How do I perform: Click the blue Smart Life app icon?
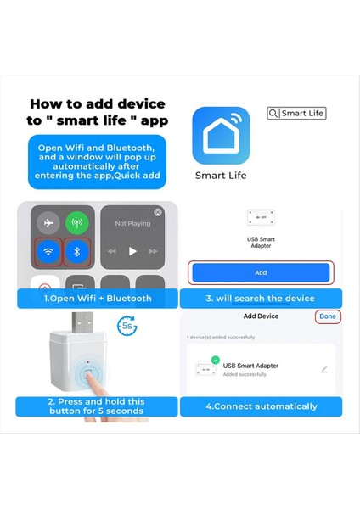[x=221, y=135]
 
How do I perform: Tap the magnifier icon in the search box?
[x=273, y=113]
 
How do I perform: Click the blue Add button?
[x=261, y=272]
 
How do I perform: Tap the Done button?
[x=327, y=316]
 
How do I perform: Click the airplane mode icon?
[x=49, y=224]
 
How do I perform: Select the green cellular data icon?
[x=77, y=224]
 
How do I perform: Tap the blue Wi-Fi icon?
[x=49, y=252]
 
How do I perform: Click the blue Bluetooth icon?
[x=77, y=252]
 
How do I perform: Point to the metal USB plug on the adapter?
[x=82, y=325]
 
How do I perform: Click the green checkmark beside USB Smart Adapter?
[x=215, y=360]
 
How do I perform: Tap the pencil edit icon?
[x=323, y=370]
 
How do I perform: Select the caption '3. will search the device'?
[x=260, y=299]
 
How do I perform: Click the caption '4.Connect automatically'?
[x=261, y=406]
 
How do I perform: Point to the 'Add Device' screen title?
[x=261, y=316]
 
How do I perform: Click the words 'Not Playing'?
[x=132, y=224]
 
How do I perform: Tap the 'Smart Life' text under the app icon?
[x=221, y=176]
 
